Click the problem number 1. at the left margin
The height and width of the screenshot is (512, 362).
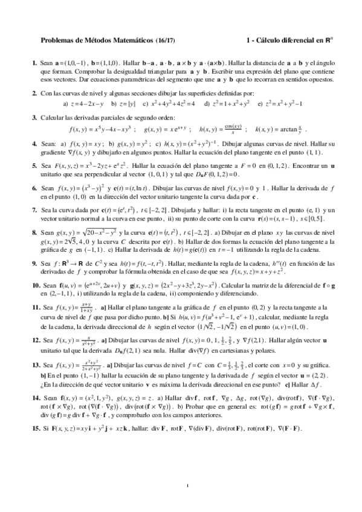pos(34,63)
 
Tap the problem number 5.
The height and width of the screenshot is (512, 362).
pos(34,164)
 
